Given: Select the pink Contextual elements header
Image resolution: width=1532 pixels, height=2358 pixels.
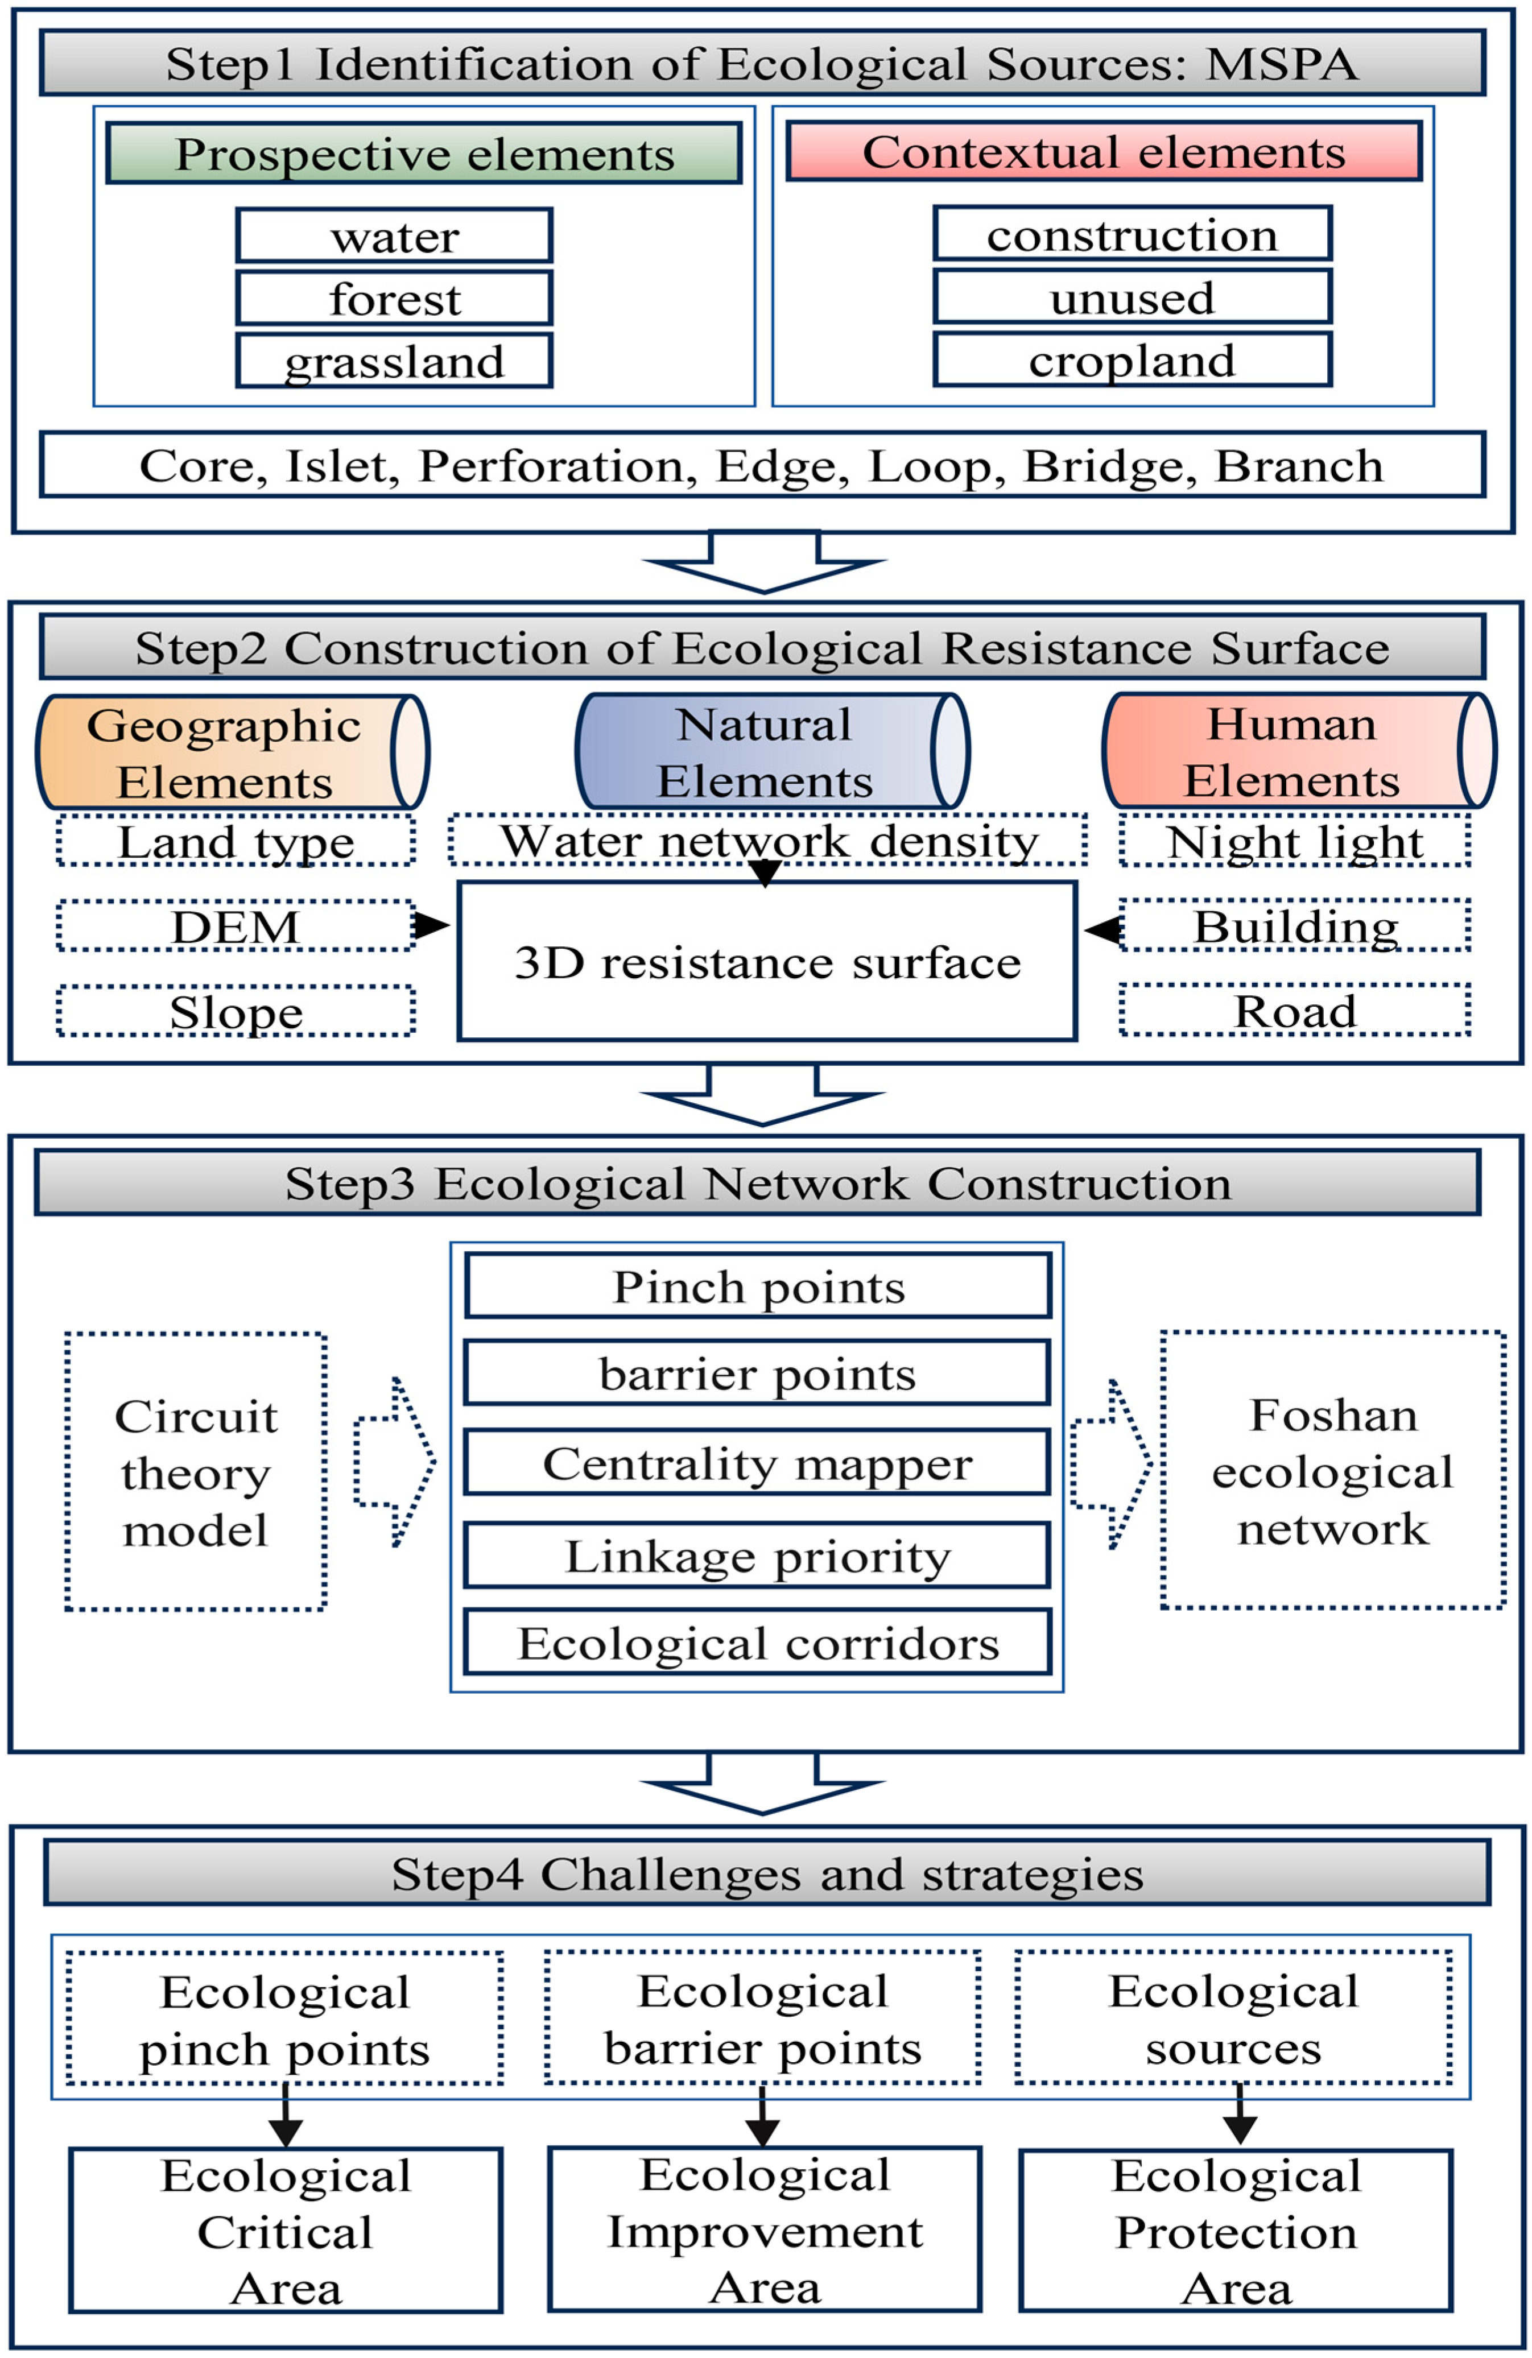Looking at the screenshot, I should coord(1103,152).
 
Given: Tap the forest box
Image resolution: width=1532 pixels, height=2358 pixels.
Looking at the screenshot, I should coord(394,298).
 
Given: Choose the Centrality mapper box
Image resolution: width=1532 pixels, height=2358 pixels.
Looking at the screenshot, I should coord(757,1463).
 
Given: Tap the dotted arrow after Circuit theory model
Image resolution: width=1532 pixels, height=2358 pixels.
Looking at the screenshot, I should coord(394,1461).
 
